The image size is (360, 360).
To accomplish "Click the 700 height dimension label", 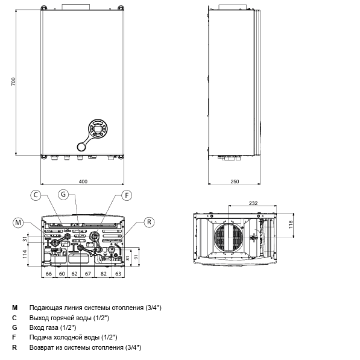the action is pyautogui.click(x=13, y=82).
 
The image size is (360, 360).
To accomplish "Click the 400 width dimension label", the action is pyautogui.click(x=83, y=182).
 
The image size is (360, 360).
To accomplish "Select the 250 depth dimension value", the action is pyautogui.click(x=235, y=182).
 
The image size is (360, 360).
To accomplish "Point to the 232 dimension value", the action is pyautogui.click(x=253, y=203).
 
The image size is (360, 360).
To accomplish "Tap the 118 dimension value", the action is pyautogui.click(x=291, y=224).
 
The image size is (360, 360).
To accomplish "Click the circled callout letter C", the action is pyautogui.click(x=36, y=195).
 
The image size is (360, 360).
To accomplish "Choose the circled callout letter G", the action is pyautogui.click(x=63, y=194).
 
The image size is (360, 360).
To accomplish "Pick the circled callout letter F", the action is pyautogui.click(x=127, y=195).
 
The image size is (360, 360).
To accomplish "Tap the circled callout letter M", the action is pyautogui.click(x=18, y=223).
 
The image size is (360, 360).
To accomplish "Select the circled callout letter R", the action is pyautogui.click(x=149, y=222).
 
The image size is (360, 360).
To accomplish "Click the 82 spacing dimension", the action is pyautogui.click(x=104, y=274).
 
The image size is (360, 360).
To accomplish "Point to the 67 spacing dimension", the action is pyautogui.click(x=88, y=274).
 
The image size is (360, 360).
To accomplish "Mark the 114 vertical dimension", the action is pyautogui.click(x=25, y=254).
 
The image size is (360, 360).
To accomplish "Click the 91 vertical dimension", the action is pyautogui.click(x=136, y=257).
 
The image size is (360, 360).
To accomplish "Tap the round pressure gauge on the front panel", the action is pyautogui.click(x=81, y=147).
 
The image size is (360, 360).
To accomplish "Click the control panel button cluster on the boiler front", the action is pyautogui.click(x=98, y=128).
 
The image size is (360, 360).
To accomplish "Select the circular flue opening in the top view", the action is pyautogui.click(x=229, y=237).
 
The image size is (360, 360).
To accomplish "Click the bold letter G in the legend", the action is pyautogui.click(x=14, y=327).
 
